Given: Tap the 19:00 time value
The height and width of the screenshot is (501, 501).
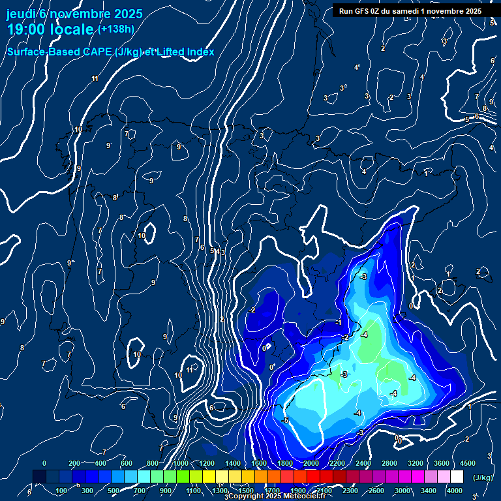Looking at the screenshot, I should (x=28, y=29).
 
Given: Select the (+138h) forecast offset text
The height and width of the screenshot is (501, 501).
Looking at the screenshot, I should (x=115, y=29).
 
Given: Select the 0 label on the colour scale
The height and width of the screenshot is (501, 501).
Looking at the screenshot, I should (x=44, y=463).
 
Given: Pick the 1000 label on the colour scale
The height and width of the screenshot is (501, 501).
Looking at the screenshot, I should (x=181, y=463).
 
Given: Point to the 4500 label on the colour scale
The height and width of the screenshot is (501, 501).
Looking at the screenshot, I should (x=468, y=463).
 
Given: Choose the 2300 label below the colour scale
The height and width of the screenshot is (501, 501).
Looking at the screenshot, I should (x=350, y=491).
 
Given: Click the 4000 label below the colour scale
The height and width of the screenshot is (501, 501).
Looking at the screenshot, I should (x=455, y=491).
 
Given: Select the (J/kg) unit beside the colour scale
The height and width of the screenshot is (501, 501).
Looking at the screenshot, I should (x=482, y=478).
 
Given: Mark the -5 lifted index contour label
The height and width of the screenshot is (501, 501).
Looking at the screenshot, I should (x=284, y=420).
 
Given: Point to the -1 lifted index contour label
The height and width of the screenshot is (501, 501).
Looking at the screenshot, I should (x=339, y=322).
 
